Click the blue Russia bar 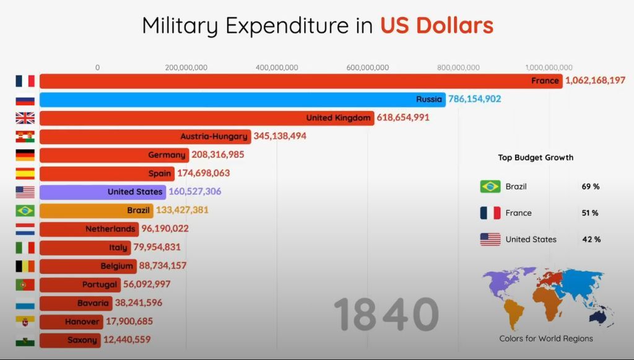pos(241,99)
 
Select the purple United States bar pos(102,192)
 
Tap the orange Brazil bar pos(96,211)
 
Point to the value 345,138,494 pos(280,136)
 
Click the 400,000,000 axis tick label pos(277,68)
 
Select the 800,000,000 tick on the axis pos(458,68)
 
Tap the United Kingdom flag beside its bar pos(25,118)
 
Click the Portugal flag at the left pos(25,284)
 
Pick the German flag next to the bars pos(25,155)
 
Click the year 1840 pos(386,314)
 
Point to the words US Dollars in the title pos(436,26)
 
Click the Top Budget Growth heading pos(536,157)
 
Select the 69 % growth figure pos(590,187)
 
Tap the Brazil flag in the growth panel pos(490,187)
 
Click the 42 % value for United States pos(590,239)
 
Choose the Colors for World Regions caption pos(546,338)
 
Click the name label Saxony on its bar pos(82,340)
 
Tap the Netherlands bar pos(89,229)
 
